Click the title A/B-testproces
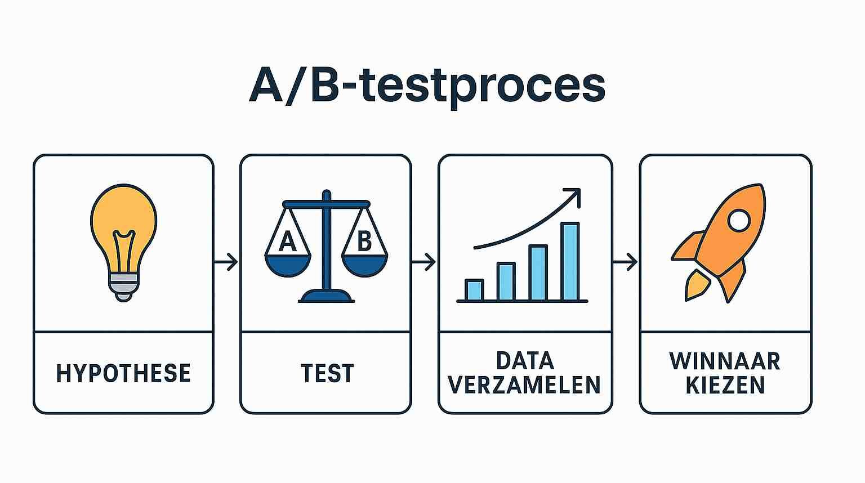427,86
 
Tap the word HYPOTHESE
123,373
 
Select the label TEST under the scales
327,373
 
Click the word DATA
525,360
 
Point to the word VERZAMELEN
524,385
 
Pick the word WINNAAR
725,360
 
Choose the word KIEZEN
725,385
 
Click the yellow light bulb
124,225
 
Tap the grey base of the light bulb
123,286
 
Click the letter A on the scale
287,241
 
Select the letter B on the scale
364,241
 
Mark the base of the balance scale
326,296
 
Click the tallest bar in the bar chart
570,261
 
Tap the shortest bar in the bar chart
474,290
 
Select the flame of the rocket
696,285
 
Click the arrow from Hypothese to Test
226,262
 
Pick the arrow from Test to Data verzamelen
424,262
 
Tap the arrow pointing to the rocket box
625,262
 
